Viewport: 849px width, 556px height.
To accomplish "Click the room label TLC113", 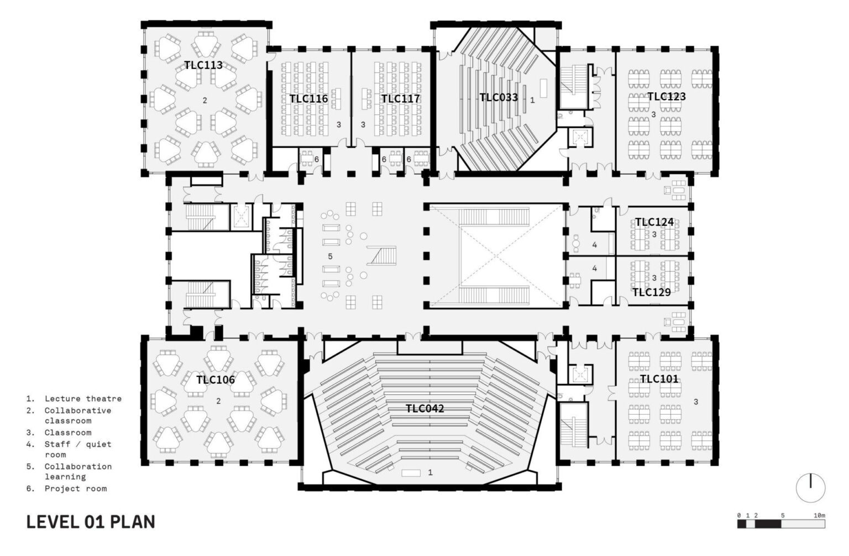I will pos(203,65).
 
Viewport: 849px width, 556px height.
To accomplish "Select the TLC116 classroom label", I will pos(308,99).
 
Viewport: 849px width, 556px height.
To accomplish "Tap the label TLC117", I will pos(400,99).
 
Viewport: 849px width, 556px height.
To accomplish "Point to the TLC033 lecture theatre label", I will pos(499,98).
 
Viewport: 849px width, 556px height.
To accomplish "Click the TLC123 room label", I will pos(667,97).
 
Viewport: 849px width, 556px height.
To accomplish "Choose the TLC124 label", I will pos(654,222).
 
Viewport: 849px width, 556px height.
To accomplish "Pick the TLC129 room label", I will pos(651,292).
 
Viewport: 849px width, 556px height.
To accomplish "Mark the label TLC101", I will pos(659,379).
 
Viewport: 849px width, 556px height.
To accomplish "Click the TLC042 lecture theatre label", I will pos(424,409).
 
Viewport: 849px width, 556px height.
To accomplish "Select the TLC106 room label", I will pos(216,380).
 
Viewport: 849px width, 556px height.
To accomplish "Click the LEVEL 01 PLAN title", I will pos(91,522).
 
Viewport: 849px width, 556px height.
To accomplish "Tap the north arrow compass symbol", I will pos(810,489).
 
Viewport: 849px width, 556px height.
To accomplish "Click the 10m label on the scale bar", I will pos(819,516).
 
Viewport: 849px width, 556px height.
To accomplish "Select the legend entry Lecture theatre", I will pos(83,398).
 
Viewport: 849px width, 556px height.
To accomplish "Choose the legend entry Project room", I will pos(76,489).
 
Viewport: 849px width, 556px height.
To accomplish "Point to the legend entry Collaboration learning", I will pos(78,471).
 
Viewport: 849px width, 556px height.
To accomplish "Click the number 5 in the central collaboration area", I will pos(330,256).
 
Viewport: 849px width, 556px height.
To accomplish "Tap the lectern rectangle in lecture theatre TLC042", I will pos(411,473).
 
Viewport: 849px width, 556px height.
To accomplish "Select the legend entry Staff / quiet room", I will pos(78,449).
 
